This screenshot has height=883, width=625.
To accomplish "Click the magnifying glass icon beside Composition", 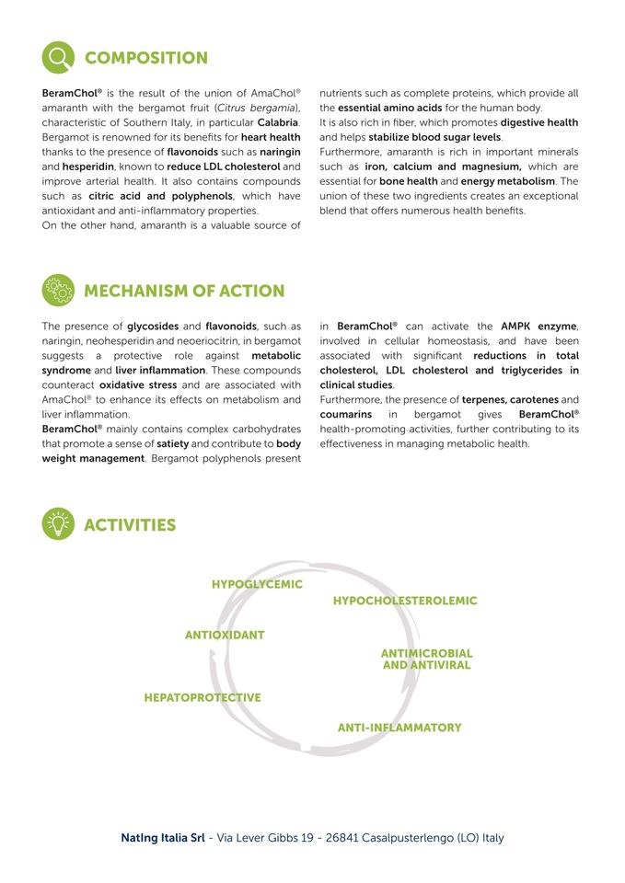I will [x=58, y=57].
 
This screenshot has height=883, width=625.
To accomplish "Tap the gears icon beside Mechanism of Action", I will [x=58, y=290].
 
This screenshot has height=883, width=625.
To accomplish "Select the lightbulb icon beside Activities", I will [x=58, y=523].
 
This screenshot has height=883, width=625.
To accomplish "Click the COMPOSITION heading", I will [x=145, y=58].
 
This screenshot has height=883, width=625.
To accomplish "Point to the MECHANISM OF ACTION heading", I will [x=184, y=291].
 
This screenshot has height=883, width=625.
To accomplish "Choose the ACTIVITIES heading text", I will [x=130, y=525].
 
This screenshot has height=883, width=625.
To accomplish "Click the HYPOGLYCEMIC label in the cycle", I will [x=257, y=584].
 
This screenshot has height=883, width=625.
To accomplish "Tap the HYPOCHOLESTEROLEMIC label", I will [x=405, y=601].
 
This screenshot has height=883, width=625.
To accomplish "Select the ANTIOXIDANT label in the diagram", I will [x=225, y=635].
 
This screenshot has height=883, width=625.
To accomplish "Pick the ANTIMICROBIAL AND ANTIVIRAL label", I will [x=426, y=659].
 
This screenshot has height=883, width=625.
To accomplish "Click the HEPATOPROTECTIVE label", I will [x=203, y=697].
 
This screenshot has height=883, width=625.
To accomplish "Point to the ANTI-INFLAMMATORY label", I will [x=399, y=728].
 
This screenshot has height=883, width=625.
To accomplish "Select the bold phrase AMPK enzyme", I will [x=538, y=327].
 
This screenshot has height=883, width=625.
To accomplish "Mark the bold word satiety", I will [x=172, y=443].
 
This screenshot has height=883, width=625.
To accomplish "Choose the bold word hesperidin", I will [x=87, y=166].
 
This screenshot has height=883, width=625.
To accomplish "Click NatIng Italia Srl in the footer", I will [x=162, y=838].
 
